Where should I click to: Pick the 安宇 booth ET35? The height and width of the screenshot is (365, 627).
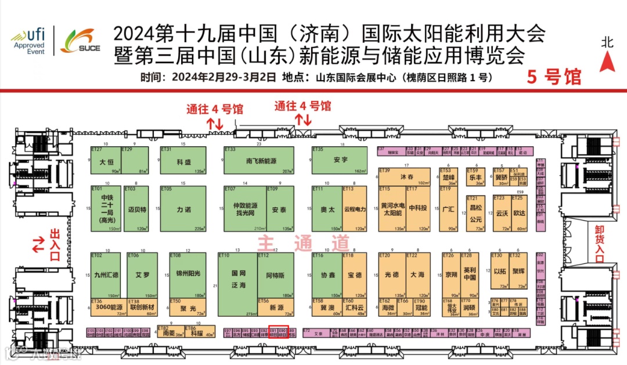[340, 160]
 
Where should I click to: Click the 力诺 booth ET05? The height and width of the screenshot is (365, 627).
[184, 209]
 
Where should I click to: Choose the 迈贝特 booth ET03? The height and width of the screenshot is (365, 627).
[135, 209]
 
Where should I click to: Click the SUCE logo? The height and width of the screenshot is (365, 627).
[80, 40]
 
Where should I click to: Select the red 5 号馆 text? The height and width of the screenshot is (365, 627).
[554, 77]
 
